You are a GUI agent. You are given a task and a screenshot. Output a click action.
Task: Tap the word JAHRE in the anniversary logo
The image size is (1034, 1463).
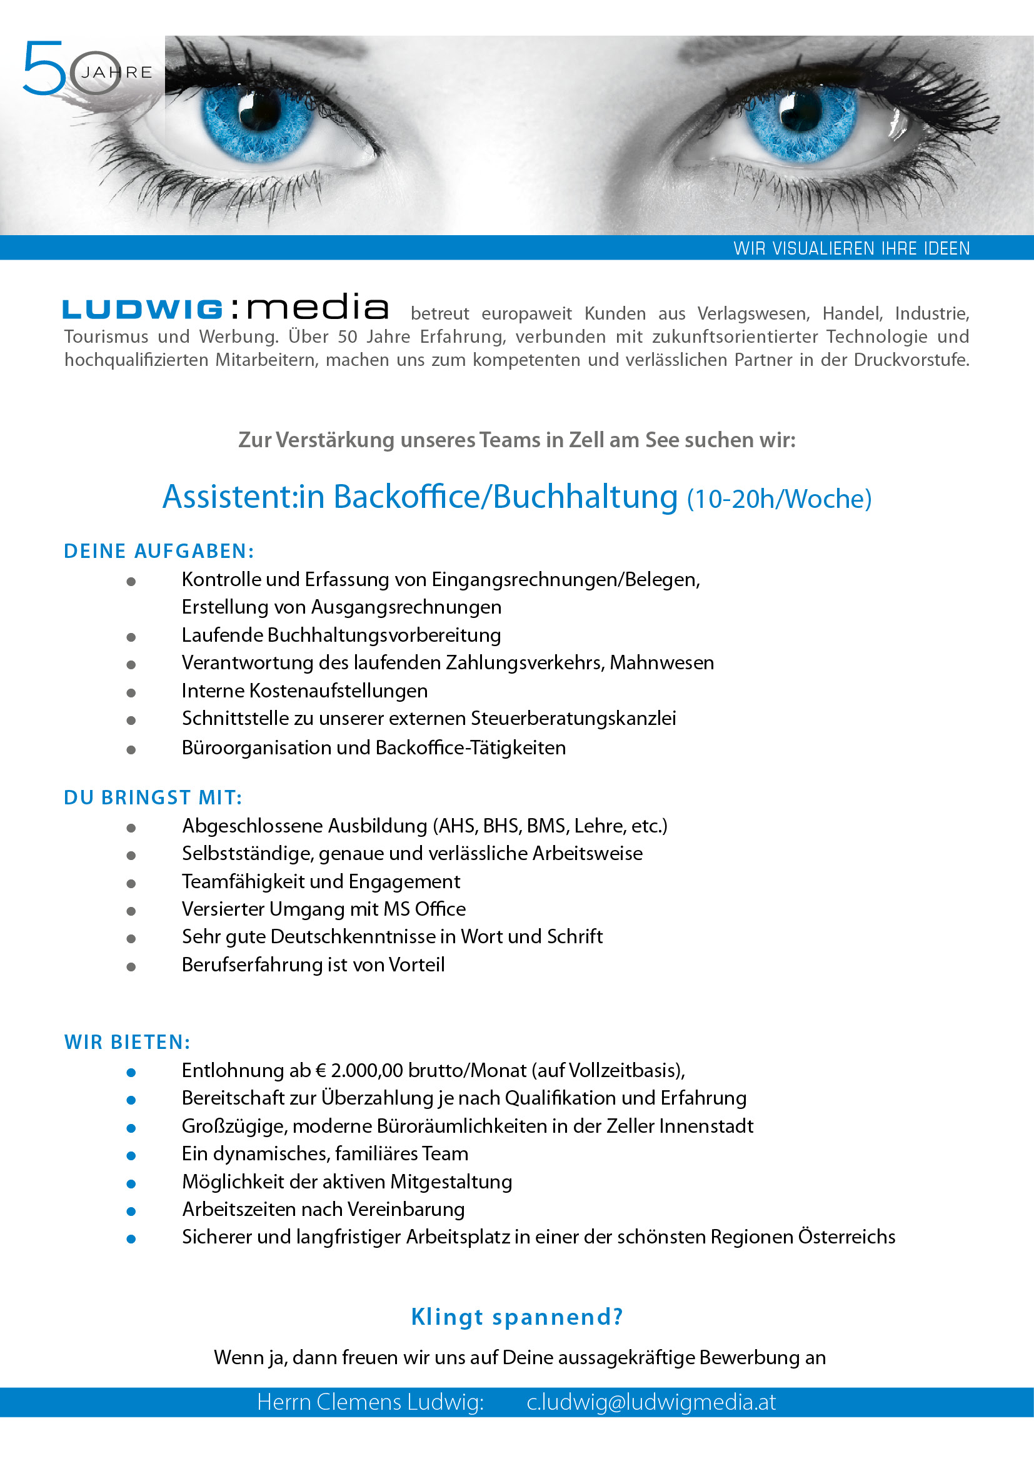coord(117,73)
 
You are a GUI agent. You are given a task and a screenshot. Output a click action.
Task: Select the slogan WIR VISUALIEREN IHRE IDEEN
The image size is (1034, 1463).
coord(851,248)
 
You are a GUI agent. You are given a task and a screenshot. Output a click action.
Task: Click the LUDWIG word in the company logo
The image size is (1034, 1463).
coord(143,310)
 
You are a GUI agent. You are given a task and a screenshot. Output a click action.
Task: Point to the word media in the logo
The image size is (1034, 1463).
coord(317,308)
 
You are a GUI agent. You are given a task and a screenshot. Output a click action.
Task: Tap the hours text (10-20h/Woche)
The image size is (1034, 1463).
coord(779,499)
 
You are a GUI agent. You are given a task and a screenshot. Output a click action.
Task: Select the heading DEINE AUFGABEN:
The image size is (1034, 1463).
coord(159,551)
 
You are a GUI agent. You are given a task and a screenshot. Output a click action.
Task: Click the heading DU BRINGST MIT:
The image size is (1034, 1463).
coord(153,797)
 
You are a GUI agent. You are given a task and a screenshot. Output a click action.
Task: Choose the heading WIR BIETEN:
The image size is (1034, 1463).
coord(128,1042)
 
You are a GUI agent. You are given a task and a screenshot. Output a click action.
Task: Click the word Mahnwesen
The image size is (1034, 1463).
coord(661,662)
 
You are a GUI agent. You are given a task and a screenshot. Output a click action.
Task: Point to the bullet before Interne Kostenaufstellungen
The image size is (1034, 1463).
coord(131,692)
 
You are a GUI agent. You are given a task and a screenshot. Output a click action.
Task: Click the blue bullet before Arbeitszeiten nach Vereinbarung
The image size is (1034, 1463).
coord(131,1212)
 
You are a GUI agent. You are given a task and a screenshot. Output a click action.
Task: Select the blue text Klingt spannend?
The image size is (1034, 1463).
coord(517,1317)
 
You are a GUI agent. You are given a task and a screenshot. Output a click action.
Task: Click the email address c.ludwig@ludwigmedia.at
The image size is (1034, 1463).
coord(651,1402)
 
